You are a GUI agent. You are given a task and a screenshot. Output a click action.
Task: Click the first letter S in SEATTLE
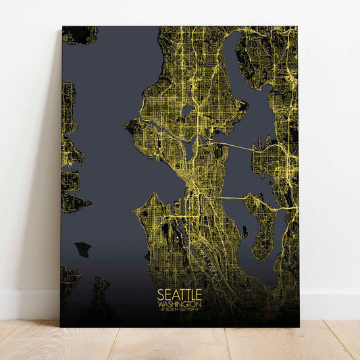pyautogui.click(x=160, y=294)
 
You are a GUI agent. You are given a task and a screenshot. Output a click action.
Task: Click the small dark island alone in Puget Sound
pyautogui.click(x=82, y=249)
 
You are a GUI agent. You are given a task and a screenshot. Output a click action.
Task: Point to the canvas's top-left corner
pyautogui.click(x=62, y=27)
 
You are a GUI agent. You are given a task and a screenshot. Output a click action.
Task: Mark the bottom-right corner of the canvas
pyautogui.click(x=298, y=327)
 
